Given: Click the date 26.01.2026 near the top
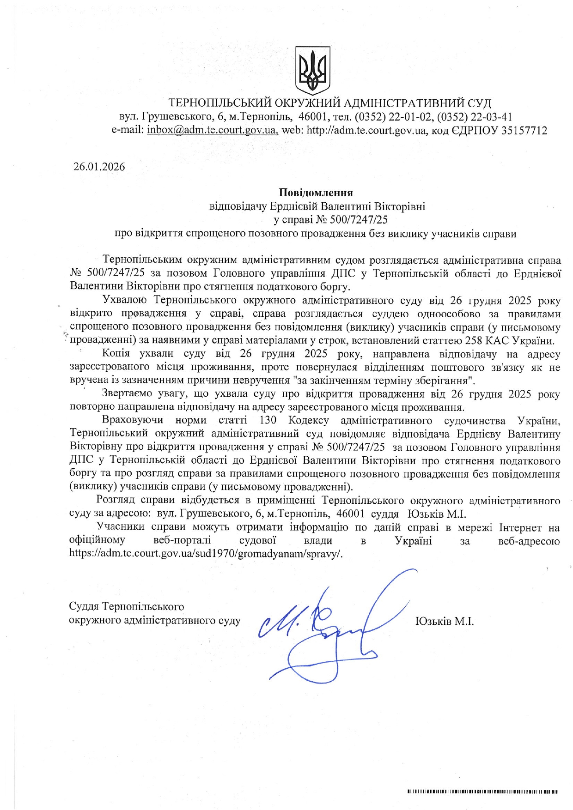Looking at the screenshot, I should coord(99,167).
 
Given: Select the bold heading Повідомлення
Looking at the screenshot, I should coord(316,192).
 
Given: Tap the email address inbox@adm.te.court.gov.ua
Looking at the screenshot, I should coord(213,131).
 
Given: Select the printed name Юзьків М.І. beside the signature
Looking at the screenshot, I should coord(445,621).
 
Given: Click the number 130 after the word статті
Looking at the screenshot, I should coord(268,421).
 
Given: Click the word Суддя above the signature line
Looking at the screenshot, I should coord(84,606).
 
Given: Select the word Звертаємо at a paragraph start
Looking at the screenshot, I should coord(125,394).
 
